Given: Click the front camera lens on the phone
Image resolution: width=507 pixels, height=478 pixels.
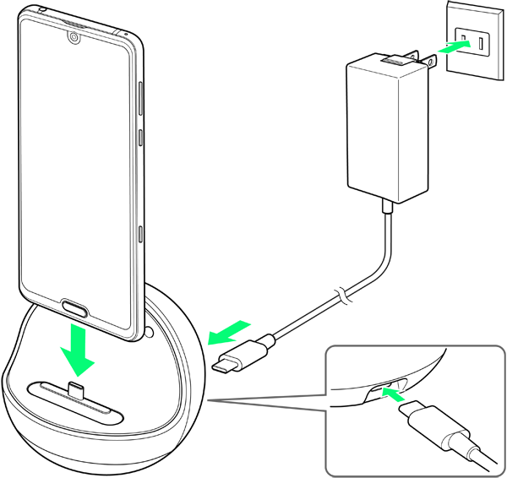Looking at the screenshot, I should (x=74, y=38).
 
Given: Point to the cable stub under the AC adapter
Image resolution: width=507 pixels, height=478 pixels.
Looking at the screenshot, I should (x=384, y=205).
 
